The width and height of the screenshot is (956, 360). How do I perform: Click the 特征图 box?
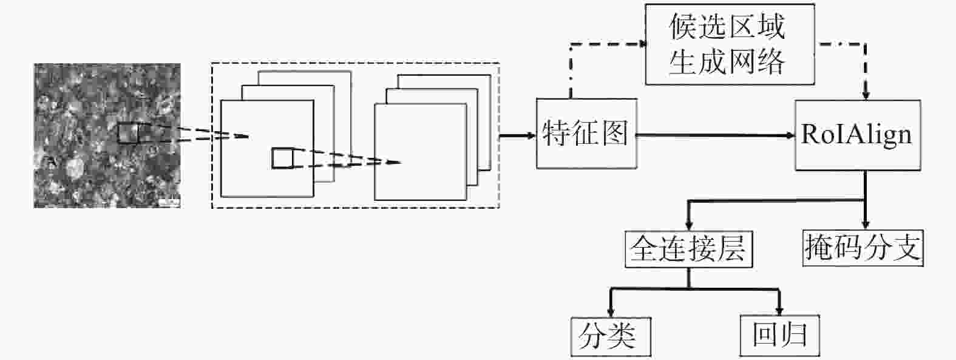point(586,134)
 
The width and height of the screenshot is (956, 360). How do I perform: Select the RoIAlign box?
point(858,135)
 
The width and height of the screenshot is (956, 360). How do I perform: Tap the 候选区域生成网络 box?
point(730,44)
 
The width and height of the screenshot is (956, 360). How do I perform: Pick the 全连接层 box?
point(688,250)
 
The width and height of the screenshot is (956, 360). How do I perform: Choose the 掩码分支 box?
point(863,248)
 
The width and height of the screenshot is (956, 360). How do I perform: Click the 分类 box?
point(611,336)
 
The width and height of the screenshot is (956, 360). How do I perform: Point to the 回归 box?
point(779,336)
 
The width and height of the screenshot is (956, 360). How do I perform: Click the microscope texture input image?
point(107,136)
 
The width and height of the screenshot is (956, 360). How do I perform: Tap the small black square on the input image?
point(128,133)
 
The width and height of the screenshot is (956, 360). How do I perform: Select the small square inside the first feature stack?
point(282,158)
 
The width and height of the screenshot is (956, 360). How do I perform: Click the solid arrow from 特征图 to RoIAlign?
point(716,135)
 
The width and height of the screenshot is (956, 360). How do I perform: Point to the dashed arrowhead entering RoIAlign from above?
point(866,94)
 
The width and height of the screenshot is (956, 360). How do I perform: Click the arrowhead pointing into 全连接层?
point(688,225)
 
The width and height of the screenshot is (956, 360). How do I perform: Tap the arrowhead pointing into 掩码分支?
point(866,224)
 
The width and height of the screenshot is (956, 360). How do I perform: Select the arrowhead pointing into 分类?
point(611,311)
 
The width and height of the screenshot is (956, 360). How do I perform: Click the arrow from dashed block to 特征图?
point(518,136)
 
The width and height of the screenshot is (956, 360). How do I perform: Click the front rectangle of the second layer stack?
point(421,152)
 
